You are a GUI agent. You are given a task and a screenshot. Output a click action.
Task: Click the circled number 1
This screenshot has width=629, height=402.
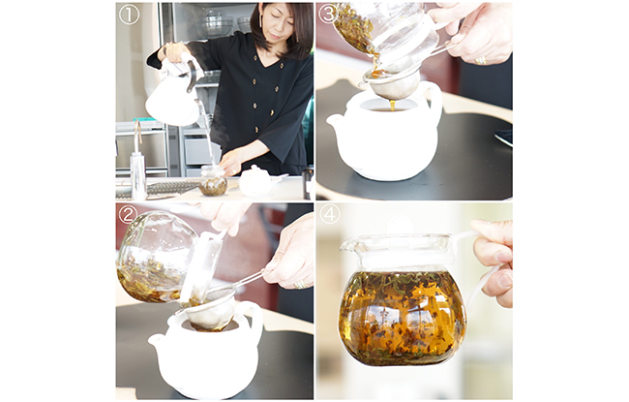click(x=129, y=15)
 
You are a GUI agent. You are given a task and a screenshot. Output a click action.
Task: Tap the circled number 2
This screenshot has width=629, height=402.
click(x=129, y=214)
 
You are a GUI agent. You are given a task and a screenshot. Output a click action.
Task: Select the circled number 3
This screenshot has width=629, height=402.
click(x=328, y=15)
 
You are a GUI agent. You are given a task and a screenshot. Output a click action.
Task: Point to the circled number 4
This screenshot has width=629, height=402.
click(x=330, y=214)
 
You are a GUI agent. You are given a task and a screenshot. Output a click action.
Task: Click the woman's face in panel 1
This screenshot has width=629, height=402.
click(x=278, y=25)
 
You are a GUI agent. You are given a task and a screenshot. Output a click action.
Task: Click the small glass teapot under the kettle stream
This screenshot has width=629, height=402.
click(x=213, y=181)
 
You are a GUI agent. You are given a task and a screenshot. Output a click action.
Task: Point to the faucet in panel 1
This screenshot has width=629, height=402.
click(x=138, y=161)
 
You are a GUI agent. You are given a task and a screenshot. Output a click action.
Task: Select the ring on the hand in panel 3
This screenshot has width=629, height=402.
click(x=481, y=61)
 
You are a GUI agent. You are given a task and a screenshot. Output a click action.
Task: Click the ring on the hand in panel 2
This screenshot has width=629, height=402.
click(x=300, y=285)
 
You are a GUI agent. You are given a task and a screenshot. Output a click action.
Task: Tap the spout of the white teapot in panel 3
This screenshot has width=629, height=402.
click(x=336, y=120)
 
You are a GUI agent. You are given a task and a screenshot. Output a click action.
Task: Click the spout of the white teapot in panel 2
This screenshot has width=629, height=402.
click(x=158, y=342)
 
